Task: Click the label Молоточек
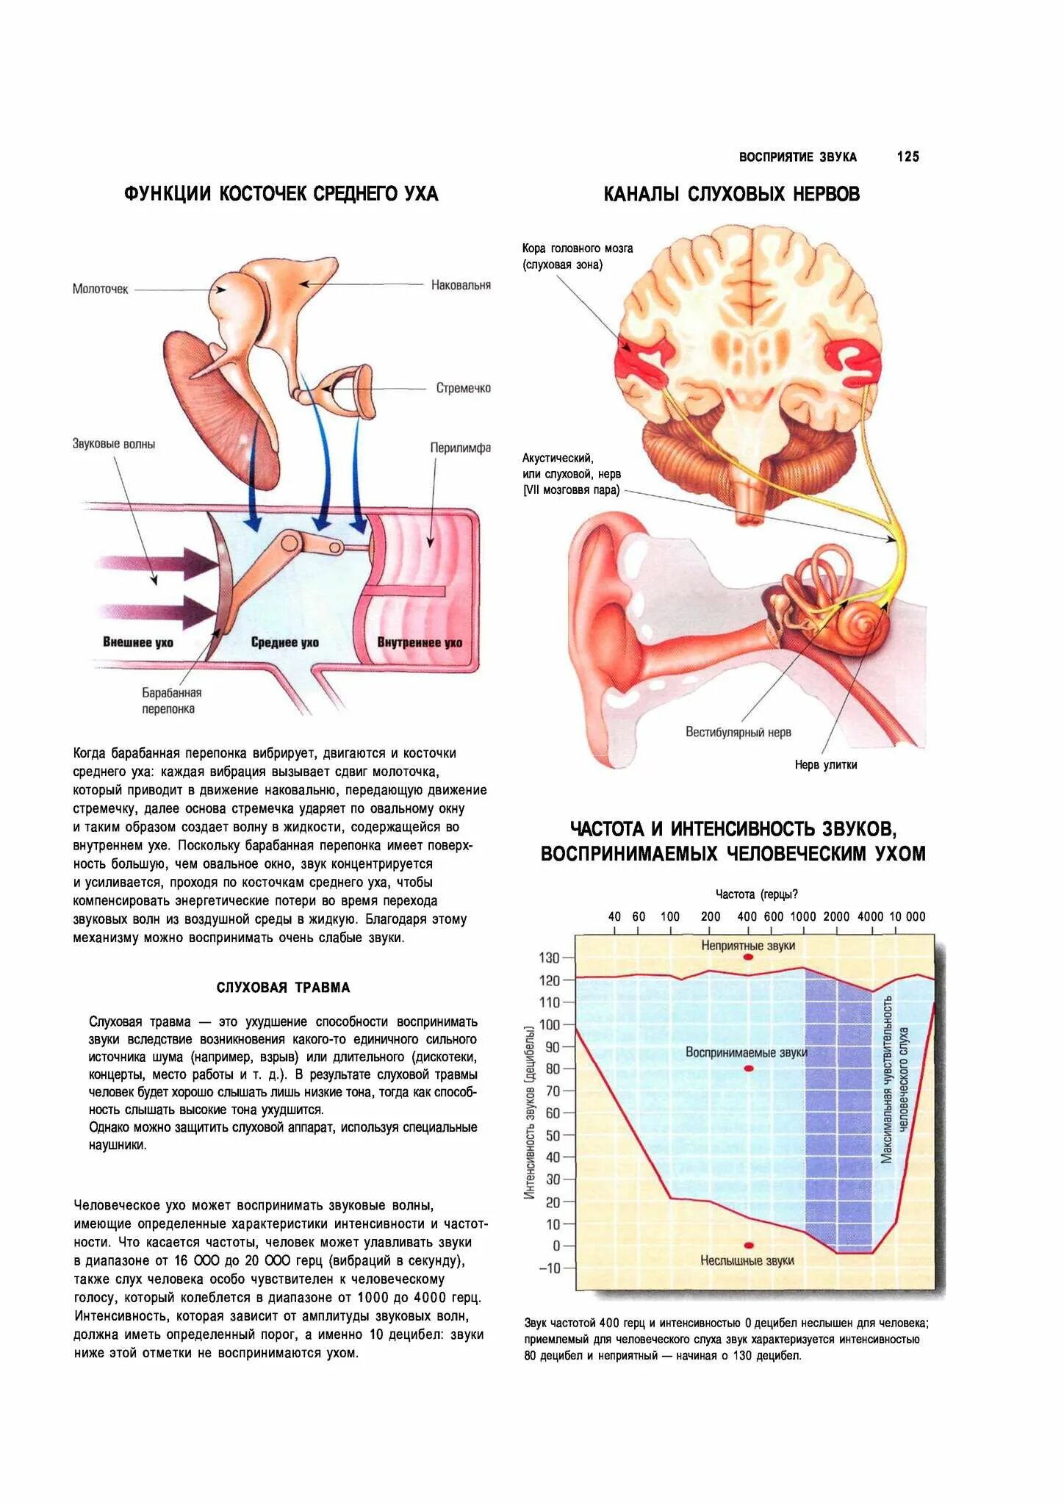click(100, 289)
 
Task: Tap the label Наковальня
click(461, 285)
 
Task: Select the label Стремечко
click(463, 388)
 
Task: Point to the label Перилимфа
click(460, 448)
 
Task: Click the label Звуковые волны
click(114, 444)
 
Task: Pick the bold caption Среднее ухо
click(285, 642)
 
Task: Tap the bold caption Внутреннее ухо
click(420, 642)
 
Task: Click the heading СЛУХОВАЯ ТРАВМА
click(283, 987)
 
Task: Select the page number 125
click(907, 157)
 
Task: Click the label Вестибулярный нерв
click(738, 732)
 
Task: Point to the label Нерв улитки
click(825, 764)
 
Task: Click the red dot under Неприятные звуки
click(748, 958)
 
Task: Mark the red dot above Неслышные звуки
click(748, 1246)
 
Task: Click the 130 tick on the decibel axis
click(549, 958)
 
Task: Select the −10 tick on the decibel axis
click(549, 1268)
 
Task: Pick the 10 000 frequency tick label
click(907, 916)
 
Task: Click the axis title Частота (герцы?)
click(756, 894)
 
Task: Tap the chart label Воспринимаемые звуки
click(746, 1052)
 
